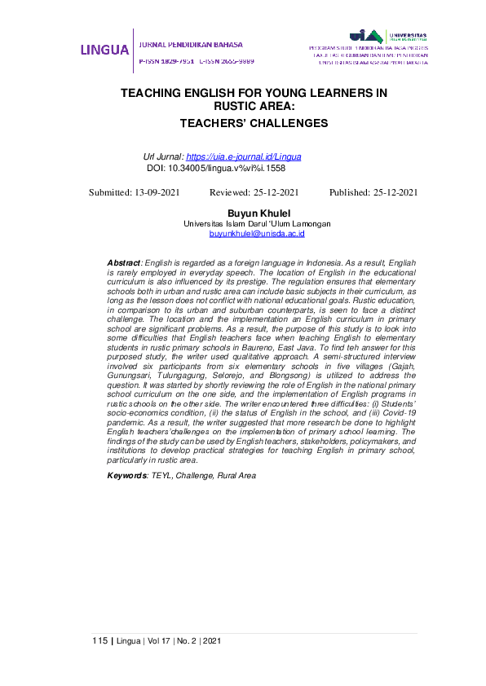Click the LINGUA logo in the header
(x=104, y=50)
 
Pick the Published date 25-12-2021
(x=390, y=192)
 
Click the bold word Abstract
(x=124, y=262)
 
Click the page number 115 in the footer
(x=99, y=641)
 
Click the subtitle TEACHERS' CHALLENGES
(x=254, y=123)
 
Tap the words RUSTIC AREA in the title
(x=254, y=106)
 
